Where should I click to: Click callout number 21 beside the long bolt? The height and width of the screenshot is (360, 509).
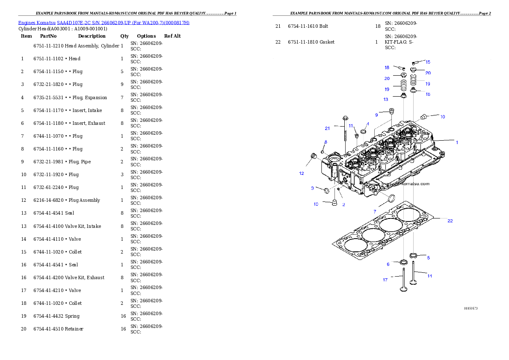327,128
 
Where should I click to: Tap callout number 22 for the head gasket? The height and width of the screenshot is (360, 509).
450,221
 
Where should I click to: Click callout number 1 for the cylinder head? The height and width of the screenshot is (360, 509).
456,142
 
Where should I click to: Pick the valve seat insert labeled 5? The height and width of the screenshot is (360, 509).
413,256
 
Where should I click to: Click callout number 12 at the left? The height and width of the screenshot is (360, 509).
302,174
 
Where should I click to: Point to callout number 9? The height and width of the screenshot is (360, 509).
376,115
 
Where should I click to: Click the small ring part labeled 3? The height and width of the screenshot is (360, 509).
326,190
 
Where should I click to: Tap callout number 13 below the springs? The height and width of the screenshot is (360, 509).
386,100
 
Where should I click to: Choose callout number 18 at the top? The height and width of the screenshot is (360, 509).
387,68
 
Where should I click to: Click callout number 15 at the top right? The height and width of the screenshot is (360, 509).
428,62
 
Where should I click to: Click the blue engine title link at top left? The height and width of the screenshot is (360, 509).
104,23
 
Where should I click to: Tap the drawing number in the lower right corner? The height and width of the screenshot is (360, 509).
471,308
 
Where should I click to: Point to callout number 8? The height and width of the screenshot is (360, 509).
326,142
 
